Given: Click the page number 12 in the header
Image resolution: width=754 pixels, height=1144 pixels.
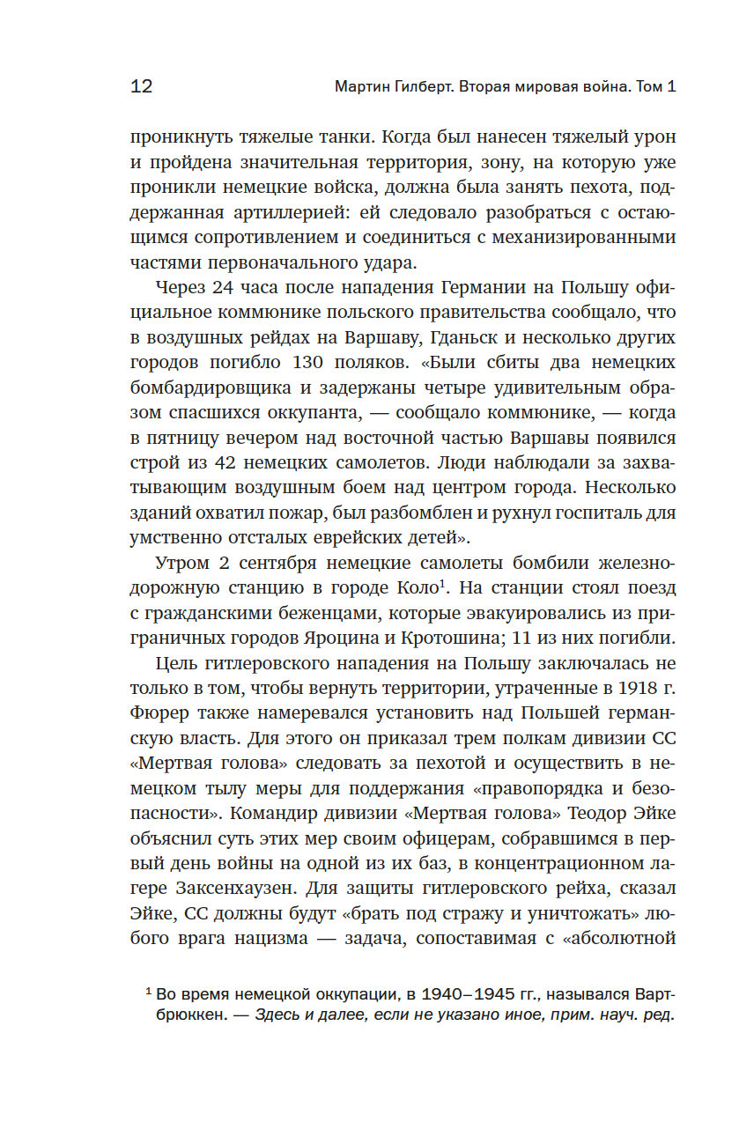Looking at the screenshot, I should point(142,86).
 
